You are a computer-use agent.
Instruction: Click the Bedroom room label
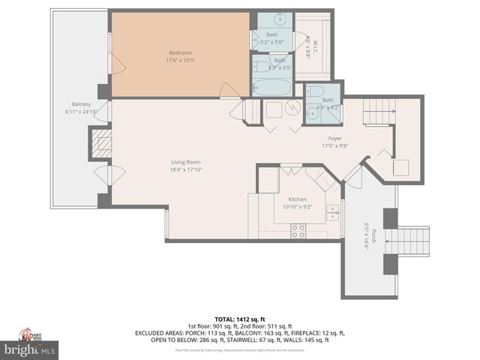(x=180, y=52)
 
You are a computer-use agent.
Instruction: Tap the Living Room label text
(x=185, y=162)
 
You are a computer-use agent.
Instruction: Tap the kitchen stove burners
(x=298, y=231)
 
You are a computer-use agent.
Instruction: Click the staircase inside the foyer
(x=377, y=112)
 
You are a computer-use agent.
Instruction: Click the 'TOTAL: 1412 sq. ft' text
(x=240, y=319)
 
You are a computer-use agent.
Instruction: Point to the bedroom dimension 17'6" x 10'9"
(x=180, y=59)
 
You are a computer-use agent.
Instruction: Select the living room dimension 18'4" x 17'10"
(x=185, y=169)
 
